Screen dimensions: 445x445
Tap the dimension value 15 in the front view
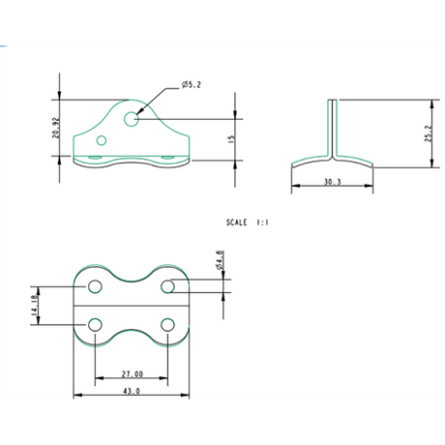click(231, 139)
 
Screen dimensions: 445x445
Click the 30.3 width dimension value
click(332, 181)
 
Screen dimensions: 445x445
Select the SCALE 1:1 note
click(247, 222)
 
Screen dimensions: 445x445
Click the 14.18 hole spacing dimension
click(35, 305)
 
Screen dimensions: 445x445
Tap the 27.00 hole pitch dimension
click(132, 373)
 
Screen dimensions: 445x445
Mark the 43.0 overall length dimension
click(132, 392)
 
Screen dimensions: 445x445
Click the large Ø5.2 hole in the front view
click(132, 119)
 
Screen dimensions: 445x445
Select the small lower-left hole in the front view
click(101, 140)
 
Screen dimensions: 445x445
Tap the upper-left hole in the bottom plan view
click(96, 286)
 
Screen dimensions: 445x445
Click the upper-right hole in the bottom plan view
click(167, 286)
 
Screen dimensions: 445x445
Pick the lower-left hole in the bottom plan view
click(96, 323)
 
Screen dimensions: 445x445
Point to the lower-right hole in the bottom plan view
click(167, 323)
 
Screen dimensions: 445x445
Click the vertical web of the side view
click(333, 126)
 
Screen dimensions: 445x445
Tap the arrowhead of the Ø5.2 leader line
click(140, 112)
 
